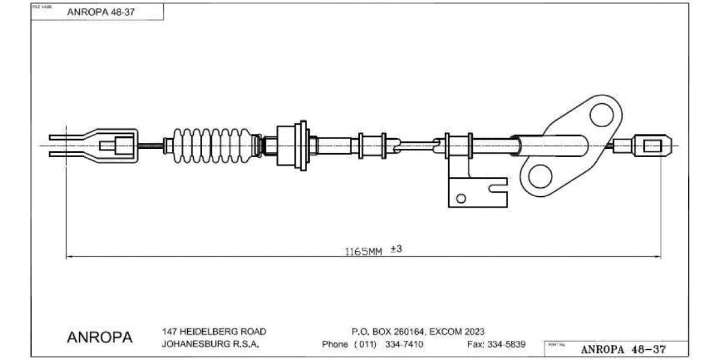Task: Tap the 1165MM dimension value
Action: (362, 251)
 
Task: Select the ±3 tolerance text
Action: (395, 249)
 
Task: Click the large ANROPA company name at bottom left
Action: (100, 338)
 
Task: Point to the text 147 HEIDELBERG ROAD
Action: (214, 331)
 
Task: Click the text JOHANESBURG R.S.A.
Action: (210, 344)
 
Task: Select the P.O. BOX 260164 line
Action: (418, 331)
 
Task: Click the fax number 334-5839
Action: (505, 344)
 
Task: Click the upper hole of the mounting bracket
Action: (601, 115)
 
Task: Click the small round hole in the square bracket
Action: (461, 198)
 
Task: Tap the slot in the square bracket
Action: (499, 188)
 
